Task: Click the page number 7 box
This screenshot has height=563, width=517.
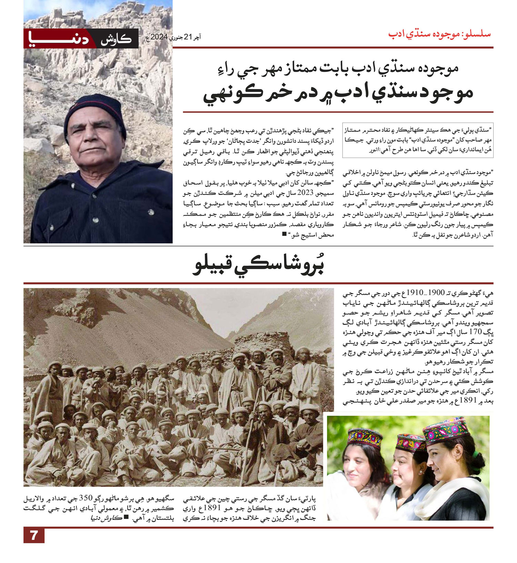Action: click(x=34, y=535)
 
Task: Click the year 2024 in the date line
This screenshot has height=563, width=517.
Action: click(x=159, y=37)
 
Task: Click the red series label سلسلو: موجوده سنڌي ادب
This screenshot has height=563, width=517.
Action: click(x=439, y=34)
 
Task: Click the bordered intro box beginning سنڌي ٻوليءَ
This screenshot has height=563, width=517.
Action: click(x=418, y=140)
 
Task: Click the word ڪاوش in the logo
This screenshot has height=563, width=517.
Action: click(x=116, y=39)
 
